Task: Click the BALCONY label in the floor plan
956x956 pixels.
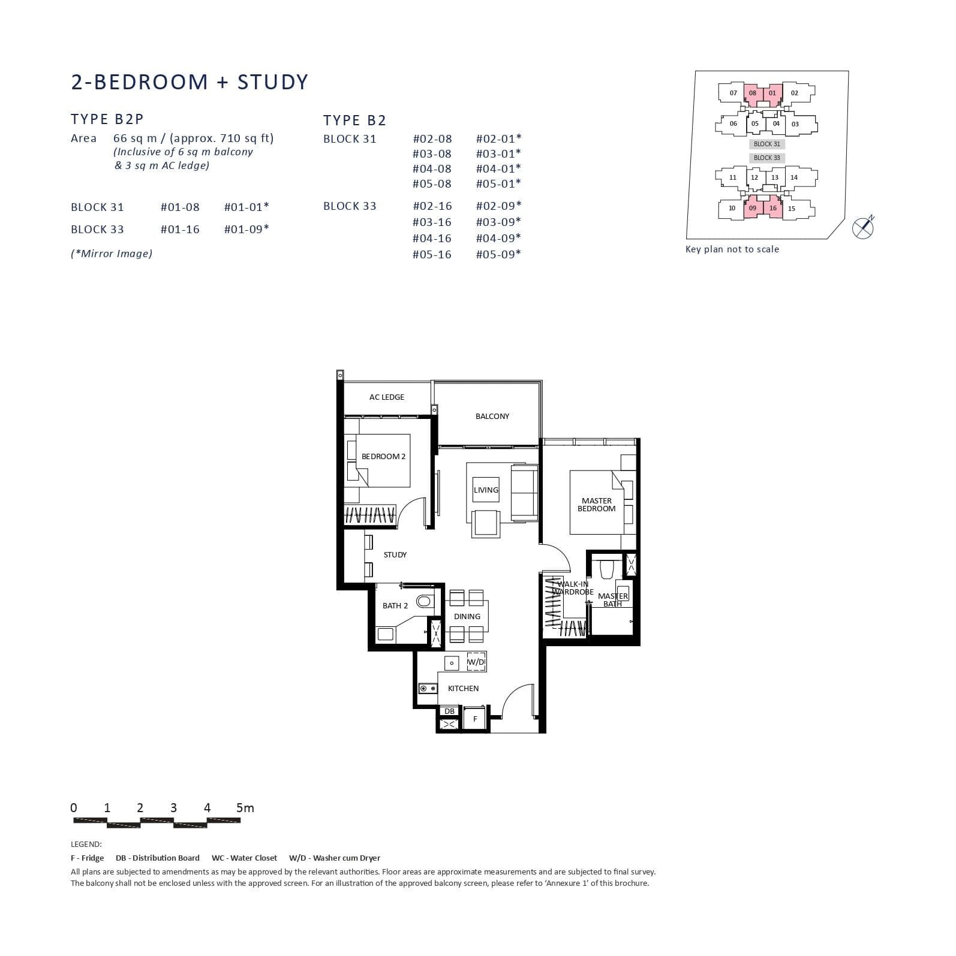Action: (492, 416)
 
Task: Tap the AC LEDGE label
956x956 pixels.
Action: (386, 397)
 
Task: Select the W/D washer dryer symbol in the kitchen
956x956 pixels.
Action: (476, 662)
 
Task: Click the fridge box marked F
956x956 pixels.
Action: (474, 719)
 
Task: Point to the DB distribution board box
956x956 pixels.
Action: (449, 711)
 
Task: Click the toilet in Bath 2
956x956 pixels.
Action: (425, 601)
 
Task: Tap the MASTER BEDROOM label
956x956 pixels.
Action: (596, 505)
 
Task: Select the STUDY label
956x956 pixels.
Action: (395, 554)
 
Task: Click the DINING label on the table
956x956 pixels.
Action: (467, 616)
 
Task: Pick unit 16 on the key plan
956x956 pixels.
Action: (772, 208)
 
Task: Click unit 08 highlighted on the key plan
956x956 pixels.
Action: (752, 93)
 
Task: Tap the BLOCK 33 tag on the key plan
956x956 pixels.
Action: (766, 158)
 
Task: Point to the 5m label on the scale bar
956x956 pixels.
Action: (245, 808)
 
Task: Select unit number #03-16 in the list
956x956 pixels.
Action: (432, 222)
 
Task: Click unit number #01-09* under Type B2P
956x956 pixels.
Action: (246, 229)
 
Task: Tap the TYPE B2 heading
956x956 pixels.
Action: (354, 120)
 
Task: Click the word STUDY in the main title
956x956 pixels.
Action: (272, 82)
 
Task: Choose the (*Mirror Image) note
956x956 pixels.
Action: (112, 254)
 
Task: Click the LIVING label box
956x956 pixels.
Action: (485, 490)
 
